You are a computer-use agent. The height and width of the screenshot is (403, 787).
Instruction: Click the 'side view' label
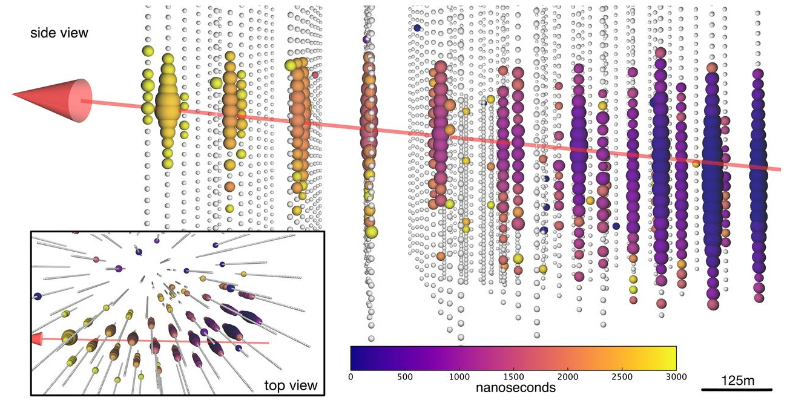(59, 33)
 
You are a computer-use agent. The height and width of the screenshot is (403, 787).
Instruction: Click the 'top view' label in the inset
(291, 385)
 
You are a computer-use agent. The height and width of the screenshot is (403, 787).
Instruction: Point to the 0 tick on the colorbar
(351, 376)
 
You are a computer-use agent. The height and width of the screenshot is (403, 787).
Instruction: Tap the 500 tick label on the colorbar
(405, 376)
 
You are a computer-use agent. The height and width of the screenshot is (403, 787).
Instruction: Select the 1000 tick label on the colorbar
(459, 376)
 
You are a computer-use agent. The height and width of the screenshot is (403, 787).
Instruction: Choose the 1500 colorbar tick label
(513, 376)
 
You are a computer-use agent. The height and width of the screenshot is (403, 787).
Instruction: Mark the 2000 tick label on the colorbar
(567, 376)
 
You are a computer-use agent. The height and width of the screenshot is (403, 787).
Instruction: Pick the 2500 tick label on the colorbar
(622, 376)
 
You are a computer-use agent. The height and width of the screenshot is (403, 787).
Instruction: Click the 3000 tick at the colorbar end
(675, 376)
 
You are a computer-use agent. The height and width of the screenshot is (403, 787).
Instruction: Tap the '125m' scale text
(737, 381)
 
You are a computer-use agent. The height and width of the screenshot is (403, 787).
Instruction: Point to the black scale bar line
(737, 389)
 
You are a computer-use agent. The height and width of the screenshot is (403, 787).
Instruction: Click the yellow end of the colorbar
(669, 358)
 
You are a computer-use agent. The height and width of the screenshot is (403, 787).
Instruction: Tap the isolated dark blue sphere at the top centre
(417, 28)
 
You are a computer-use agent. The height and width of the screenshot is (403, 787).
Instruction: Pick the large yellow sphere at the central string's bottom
(370, 231)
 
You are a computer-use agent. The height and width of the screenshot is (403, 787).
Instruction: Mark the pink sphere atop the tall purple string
(660, 53)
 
